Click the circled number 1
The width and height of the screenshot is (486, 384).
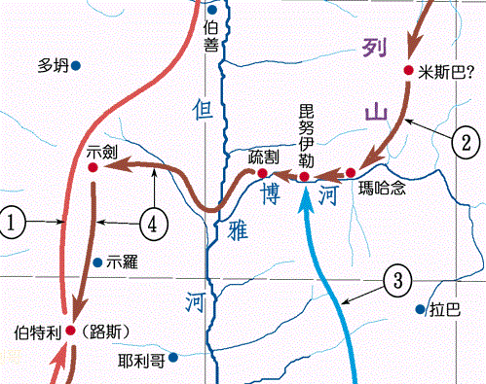point(13,224)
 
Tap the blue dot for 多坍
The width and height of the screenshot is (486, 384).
point(75,65)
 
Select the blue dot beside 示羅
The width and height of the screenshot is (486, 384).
point(97,262)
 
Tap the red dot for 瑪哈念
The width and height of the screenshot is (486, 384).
point(351,173)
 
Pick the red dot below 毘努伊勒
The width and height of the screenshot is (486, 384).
point(304,177)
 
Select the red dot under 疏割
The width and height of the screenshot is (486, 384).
point(261,173)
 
